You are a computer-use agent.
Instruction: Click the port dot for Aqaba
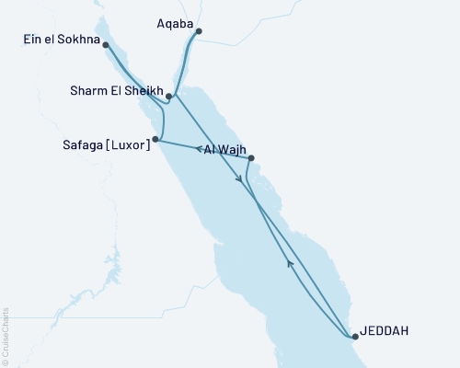coord(199,31)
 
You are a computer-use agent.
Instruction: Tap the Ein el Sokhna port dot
coord(106,44)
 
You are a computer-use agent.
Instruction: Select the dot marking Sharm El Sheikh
coord(169,95)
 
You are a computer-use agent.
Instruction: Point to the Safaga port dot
coord(155,140)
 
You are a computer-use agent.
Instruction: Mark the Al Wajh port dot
coord(251,158)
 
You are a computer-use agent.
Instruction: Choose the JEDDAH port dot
coord(354,337)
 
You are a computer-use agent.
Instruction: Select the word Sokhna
coord(77,40)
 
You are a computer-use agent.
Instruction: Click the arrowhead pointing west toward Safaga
coord(199,148)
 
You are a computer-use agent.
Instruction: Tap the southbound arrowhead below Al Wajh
coord(241,181)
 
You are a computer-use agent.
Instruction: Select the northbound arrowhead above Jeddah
coord(290,264)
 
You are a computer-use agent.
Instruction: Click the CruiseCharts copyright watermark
coord(6,337)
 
